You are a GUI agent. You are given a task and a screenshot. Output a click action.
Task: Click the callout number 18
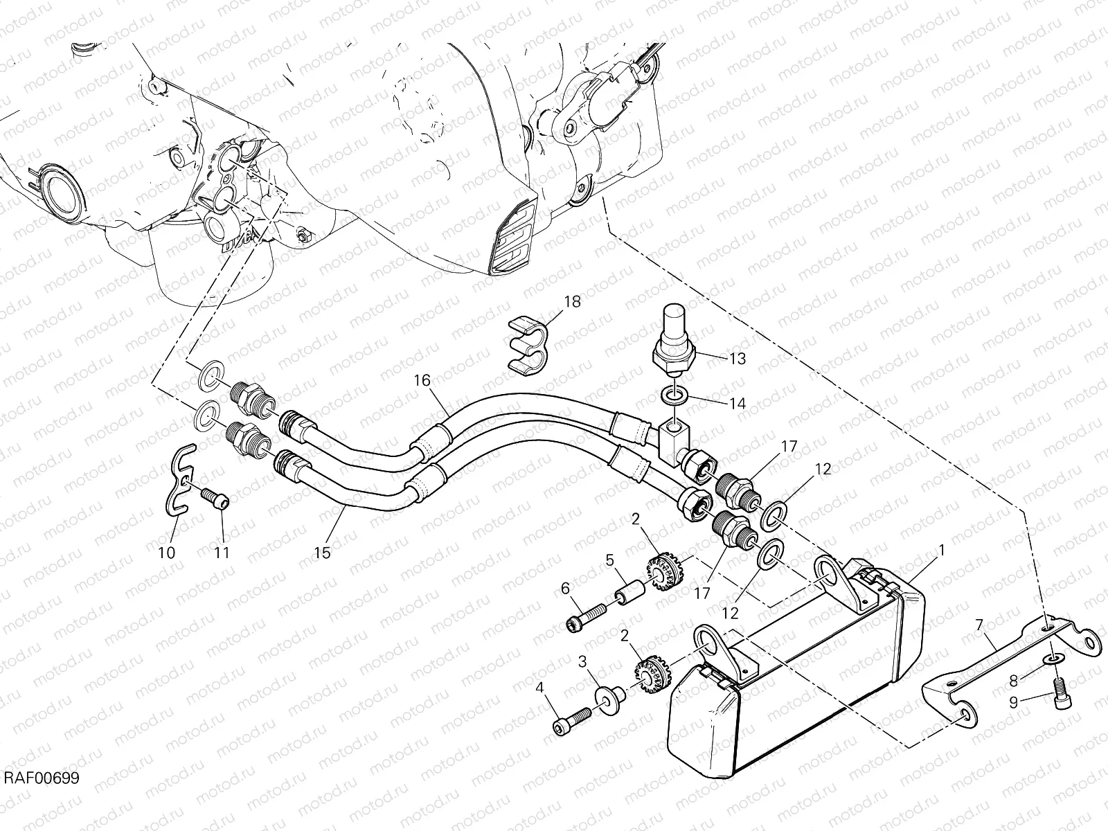pos(572,302)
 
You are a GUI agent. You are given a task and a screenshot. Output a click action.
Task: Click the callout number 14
pos(738,402)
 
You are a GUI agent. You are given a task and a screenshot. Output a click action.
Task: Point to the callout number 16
pos(422,380)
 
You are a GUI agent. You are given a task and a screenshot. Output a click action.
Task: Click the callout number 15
pos(322,553)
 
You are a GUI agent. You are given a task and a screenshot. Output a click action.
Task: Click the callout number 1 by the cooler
pos(941,551)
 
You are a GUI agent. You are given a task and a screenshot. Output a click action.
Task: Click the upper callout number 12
pos(822,469)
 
